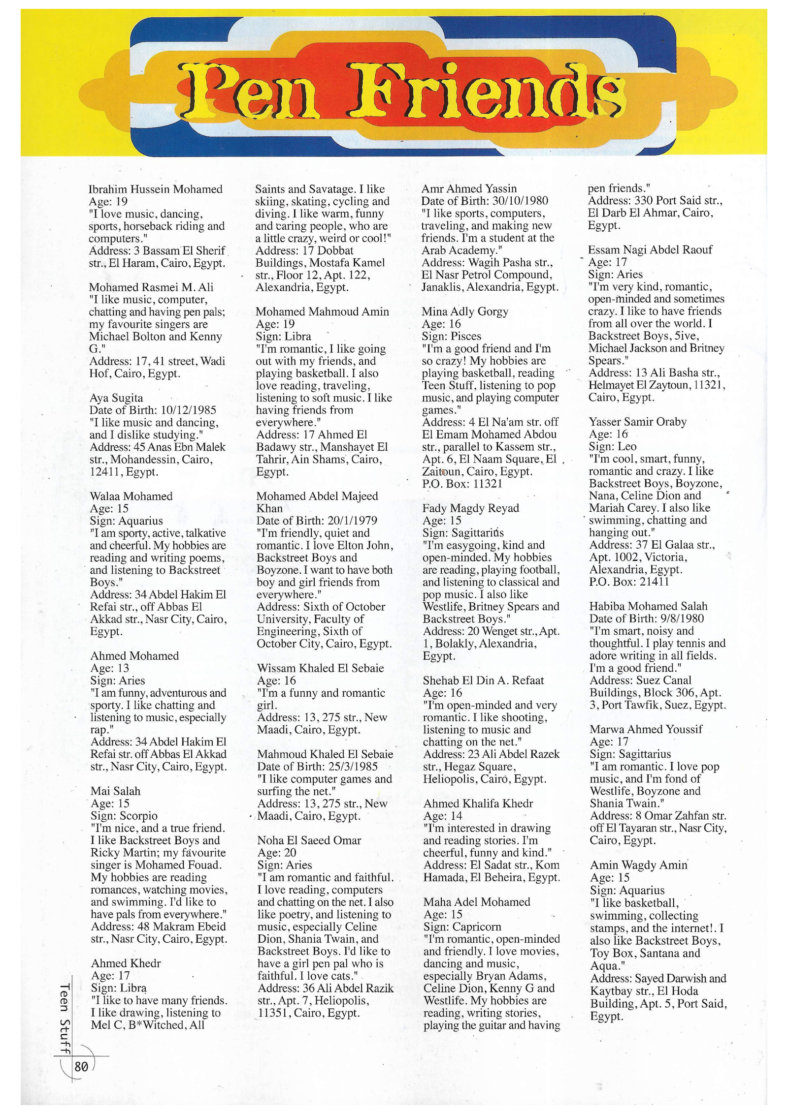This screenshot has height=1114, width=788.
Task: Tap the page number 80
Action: point(81,1066)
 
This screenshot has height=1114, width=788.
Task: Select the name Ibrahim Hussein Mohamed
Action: point(156,189)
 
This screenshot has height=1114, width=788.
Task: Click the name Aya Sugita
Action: point(116,398)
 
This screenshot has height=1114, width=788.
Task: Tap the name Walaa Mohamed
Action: point(131,496)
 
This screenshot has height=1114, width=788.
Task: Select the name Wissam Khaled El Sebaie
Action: point(320,668)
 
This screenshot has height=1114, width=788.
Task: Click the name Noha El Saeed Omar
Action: point(309,840)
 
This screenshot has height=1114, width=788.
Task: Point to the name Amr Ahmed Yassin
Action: point(469,188)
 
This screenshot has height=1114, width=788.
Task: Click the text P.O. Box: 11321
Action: point(462,483)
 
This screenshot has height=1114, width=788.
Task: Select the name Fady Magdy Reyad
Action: point(471,508)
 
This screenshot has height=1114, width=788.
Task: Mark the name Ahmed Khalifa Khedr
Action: point(478,803)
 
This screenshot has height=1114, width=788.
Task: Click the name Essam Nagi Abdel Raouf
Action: point(650,249)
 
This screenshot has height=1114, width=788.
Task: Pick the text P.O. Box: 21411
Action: point(629,582)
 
